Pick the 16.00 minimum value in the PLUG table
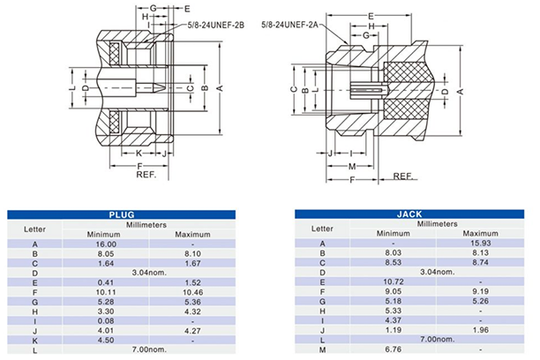[107, 244]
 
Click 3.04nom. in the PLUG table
[147, 272]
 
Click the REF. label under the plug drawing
[146, 175]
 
